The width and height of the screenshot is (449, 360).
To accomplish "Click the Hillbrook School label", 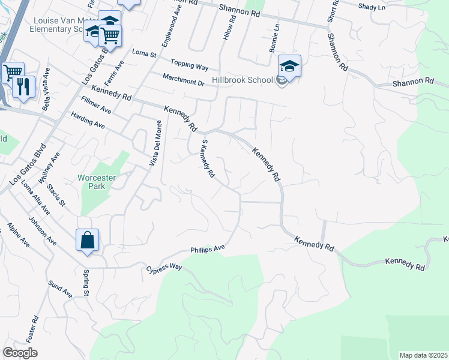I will pos(248,80).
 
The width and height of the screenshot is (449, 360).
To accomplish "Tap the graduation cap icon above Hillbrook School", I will pos(289,67).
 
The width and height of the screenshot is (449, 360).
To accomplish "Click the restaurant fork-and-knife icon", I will pos(24,86).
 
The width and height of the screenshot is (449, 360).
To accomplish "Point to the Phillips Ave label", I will pos(207,248).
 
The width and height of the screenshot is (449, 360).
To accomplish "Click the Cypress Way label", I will pos(164,267).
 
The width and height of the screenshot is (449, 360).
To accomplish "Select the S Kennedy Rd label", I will pos(208,158).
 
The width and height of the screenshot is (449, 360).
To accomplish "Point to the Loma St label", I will pos(144,54).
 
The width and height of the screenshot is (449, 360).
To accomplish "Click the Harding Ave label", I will pos(88,121).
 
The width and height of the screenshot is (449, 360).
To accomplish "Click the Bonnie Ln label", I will pos(274,38).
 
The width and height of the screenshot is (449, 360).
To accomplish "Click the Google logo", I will pos(20,353).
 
